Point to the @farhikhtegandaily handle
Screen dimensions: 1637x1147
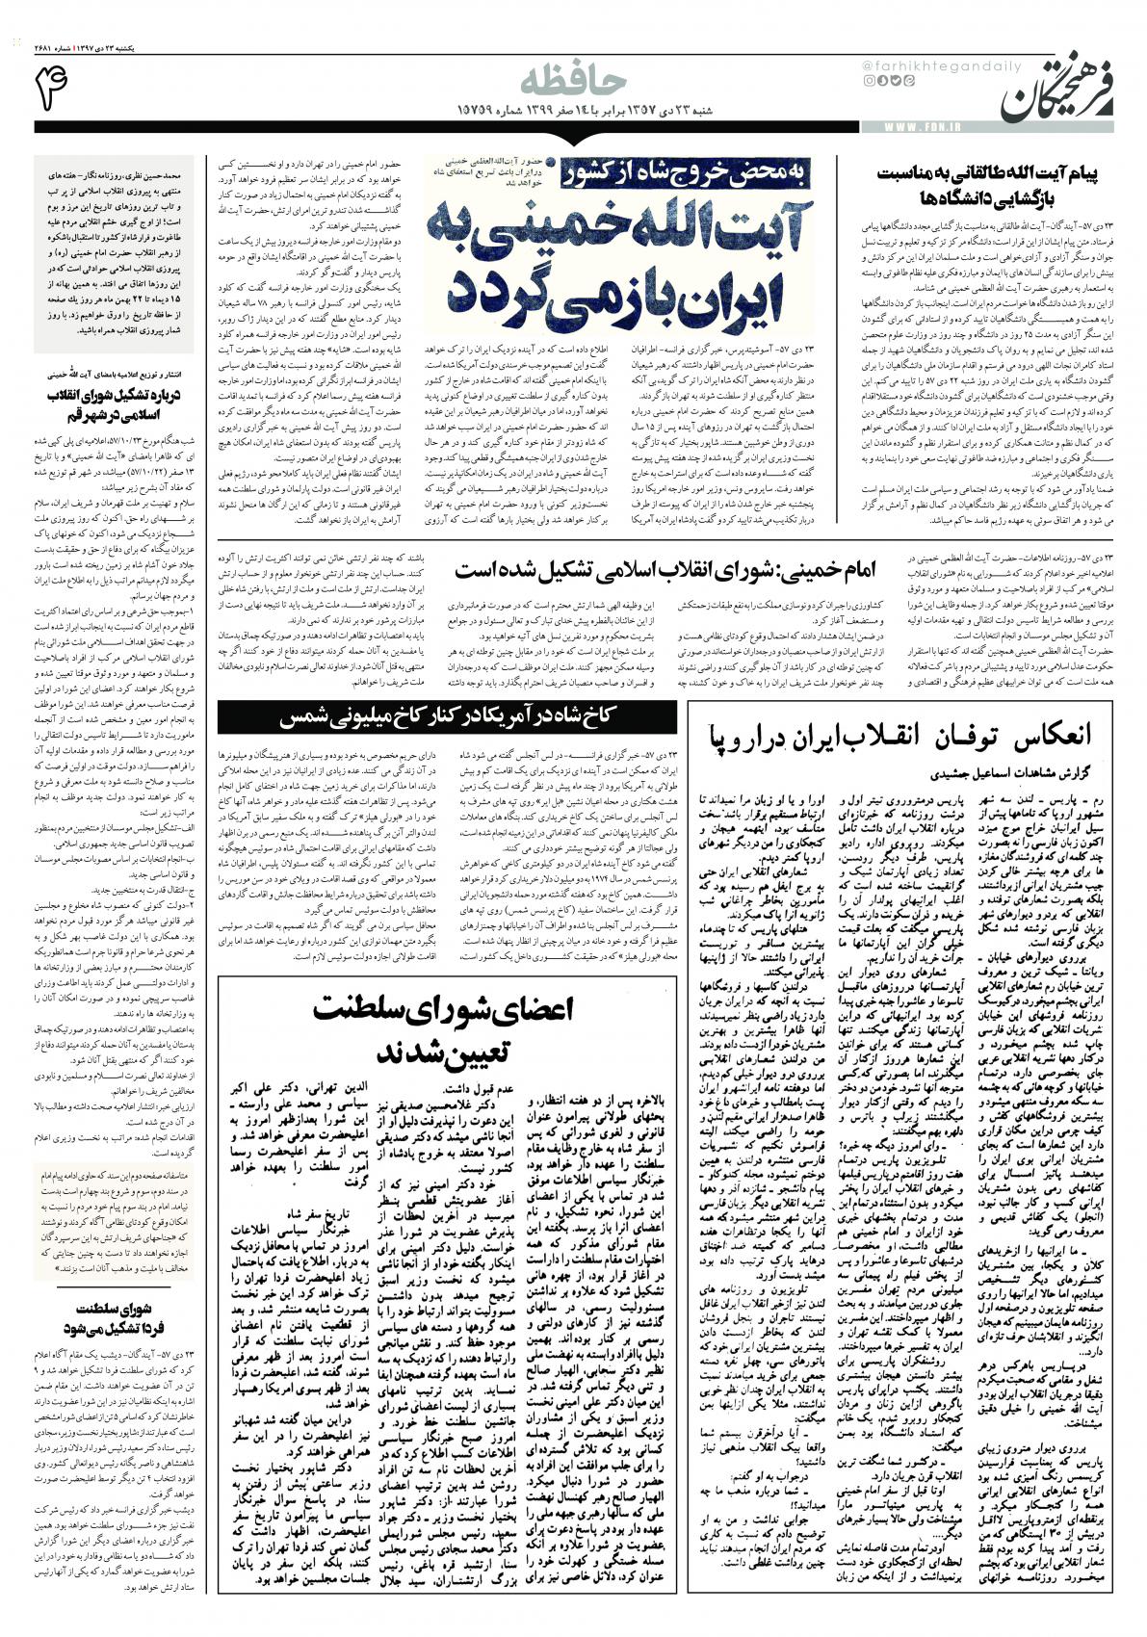pyautogui.click(x=911, y=65)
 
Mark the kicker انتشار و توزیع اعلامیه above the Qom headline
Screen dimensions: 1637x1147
pyautogui.click(x=115, y=371)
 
